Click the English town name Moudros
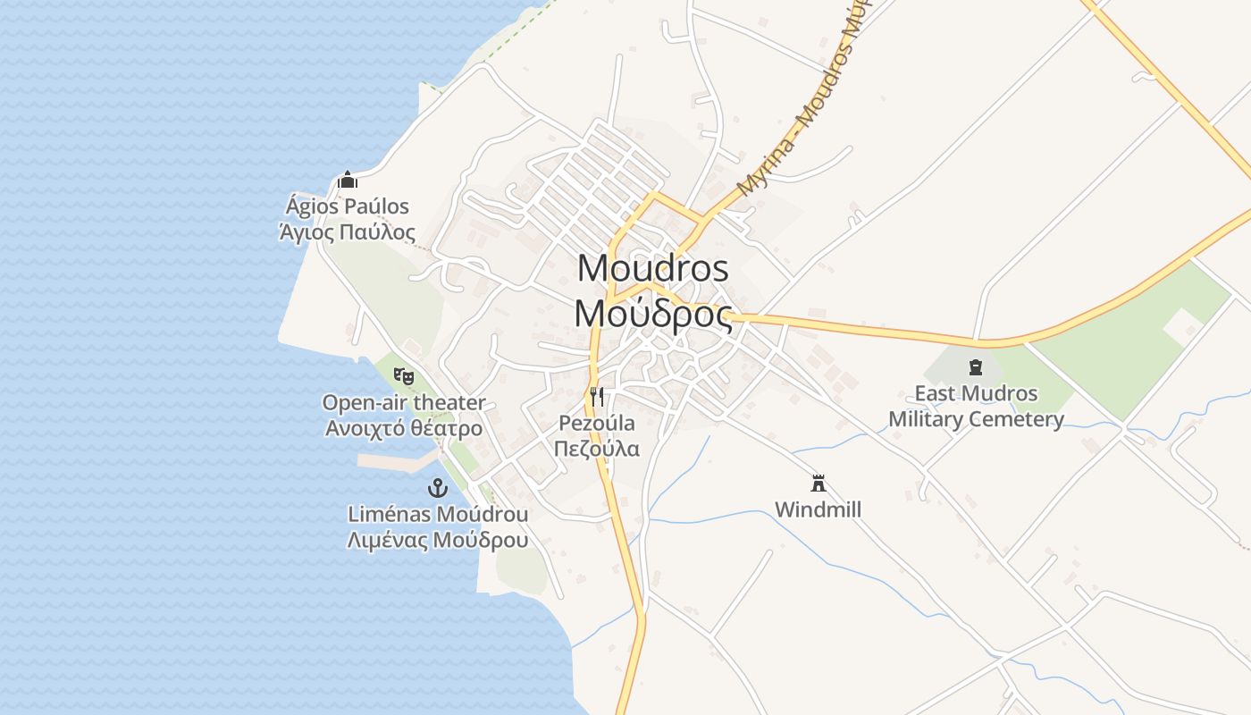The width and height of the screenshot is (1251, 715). pos(653,268)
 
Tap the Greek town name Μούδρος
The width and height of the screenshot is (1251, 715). pos(653,314)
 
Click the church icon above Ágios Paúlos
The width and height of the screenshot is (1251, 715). pos(348,181)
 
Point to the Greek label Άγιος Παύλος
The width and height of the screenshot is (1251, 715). pos(348,233)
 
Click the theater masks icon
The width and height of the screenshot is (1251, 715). pos(404,376)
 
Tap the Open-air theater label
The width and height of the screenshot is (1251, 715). pos(404,403)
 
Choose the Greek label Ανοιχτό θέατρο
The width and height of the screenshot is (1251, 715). pos(404,428)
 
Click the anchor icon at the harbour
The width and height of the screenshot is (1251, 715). pos(437,488)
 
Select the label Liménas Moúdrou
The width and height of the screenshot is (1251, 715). pos(438,514)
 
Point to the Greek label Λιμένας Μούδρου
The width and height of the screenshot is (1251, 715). pos(438,540)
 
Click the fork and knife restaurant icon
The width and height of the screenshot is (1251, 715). pos(597,397)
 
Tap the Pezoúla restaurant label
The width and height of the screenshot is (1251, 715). pos(597,423)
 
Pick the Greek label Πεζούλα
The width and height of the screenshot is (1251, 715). pos(597,448)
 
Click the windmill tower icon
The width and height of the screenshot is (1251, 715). pos(818,484)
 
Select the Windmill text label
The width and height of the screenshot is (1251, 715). pos(818,509)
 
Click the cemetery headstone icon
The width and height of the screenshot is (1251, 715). pos(975,366)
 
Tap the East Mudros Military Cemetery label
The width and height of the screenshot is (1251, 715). pos(976,407)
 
